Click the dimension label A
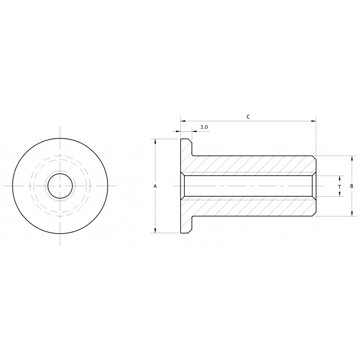click(x=155, y=186)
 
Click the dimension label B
click(x=352, y=186)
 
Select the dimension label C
click(x=248, y=117)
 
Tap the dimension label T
click(x=339, y=186)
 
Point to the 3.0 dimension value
click(x=204, y=127)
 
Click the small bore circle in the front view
click(x=60, y=186)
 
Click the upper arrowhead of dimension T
click(x=339, y=178)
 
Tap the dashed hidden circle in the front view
click(x=60, y=156)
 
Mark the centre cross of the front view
click(x=60, y=186)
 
